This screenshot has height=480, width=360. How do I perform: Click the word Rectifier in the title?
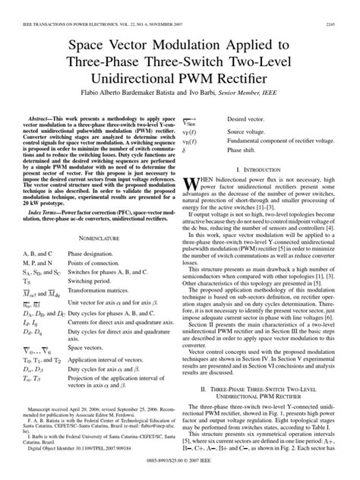click(235, 77)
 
